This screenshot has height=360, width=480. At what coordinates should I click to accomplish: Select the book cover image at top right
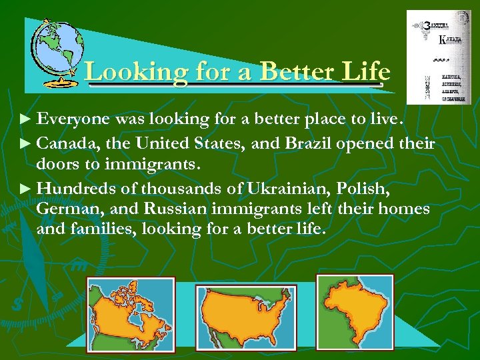pos(439,57)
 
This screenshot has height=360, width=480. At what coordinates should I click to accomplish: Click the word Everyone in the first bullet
pos(73,119)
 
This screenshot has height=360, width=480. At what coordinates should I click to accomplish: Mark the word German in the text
pos(67,209)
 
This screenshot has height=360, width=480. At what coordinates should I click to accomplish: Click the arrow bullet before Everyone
pos(25,120)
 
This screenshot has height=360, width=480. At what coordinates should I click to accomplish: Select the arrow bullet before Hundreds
pos(25,189)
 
